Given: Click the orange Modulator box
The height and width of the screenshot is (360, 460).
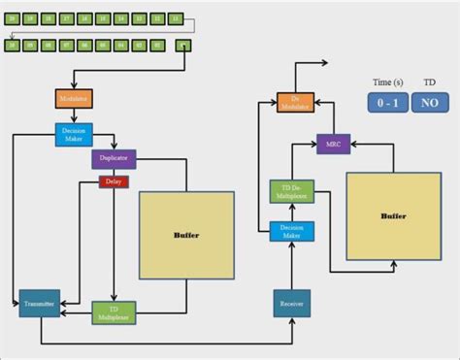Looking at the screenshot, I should click(73, 99).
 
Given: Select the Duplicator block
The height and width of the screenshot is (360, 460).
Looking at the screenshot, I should click(115, 158).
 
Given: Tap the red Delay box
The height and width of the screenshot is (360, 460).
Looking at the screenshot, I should click(113, 181).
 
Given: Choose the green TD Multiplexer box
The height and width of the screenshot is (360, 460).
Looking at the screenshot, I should click(114, 312).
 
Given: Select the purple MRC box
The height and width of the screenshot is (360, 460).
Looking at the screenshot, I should click(332, 145).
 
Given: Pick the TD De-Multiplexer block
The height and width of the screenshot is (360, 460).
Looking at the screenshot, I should click(286, 190).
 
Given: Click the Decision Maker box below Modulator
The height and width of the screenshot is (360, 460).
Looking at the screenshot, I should click(73, 135).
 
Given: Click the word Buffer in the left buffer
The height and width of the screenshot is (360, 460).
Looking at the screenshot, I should click(186, 235).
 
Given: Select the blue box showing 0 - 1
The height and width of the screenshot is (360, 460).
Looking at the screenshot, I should click(386, 103).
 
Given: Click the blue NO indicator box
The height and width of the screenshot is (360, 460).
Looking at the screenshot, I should click(429, 103).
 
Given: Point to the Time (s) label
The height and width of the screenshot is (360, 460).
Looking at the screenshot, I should click(386, 82).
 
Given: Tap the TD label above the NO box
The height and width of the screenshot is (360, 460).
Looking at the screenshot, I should click(429, 82).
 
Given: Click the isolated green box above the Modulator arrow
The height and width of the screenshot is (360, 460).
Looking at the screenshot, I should click(184, 45).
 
